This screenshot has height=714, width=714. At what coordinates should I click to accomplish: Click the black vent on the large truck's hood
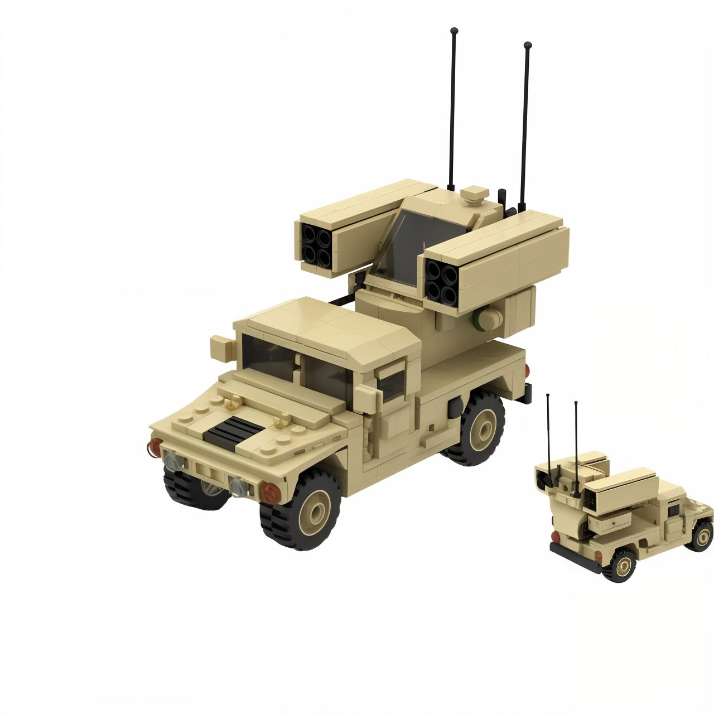pyautogui.click(x=233, y=430)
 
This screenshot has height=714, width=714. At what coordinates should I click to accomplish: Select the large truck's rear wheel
pyautogui.click(x=477, y=427)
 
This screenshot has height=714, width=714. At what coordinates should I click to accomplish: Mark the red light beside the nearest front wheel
pyautogui.click(x=271, y=492)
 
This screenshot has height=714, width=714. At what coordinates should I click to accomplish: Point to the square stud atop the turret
pyautogui.click(x=475, y=194)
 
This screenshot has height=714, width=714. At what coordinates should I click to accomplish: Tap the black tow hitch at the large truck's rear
pyautogui.click(x=525, y=393)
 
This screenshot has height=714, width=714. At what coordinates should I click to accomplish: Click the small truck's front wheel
pyautogui.click(x=701, y=535)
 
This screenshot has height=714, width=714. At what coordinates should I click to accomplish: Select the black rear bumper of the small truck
pyautogui.click(x=575, y=558)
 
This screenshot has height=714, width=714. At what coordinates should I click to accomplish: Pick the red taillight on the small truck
pyautogui.click(x=556, y=537)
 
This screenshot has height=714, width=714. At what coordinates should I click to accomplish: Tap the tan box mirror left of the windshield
pyautogui.click(x=223, y=349)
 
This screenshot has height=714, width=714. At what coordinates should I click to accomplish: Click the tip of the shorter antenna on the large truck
pyautogui.click(x=528, y=45)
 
